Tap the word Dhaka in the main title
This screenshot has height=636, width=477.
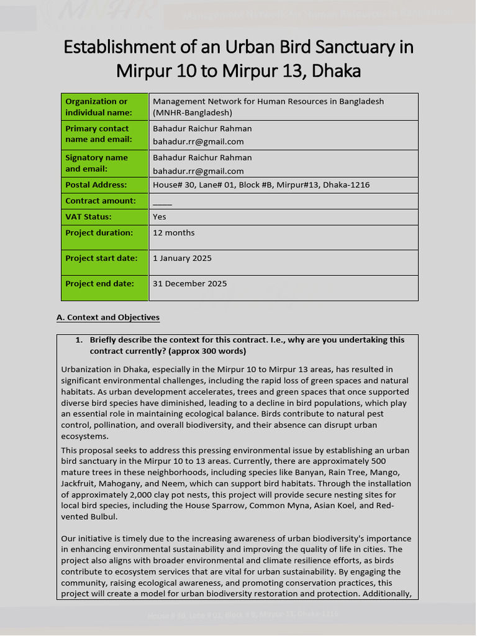pos(336,71)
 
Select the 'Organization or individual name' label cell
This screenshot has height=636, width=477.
pos(104,107)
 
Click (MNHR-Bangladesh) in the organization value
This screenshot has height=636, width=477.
pos(193,113)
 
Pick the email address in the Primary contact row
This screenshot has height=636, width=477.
pos(198,142)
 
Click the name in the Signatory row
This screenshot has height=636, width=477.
pos(202,158)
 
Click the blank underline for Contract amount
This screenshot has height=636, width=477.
pos(162,202)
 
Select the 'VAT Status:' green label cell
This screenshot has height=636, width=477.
pos(104,217)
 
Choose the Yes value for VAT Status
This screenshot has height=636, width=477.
pos(160,217)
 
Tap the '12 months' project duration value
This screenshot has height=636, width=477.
pos(174,233)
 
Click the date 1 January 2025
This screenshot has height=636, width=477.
pos(182,258)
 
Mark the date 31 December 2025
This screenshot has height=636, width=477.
pos(189,284)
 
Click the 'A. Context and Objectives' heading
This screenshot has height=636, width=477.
pos(108,317)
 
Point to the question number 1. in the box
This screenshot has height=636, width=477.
pos(79,340)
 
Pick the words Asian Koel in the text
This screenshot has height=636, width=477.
pos(339,506)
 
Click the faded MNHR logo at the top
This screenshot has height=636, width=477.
pos(99,14)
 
